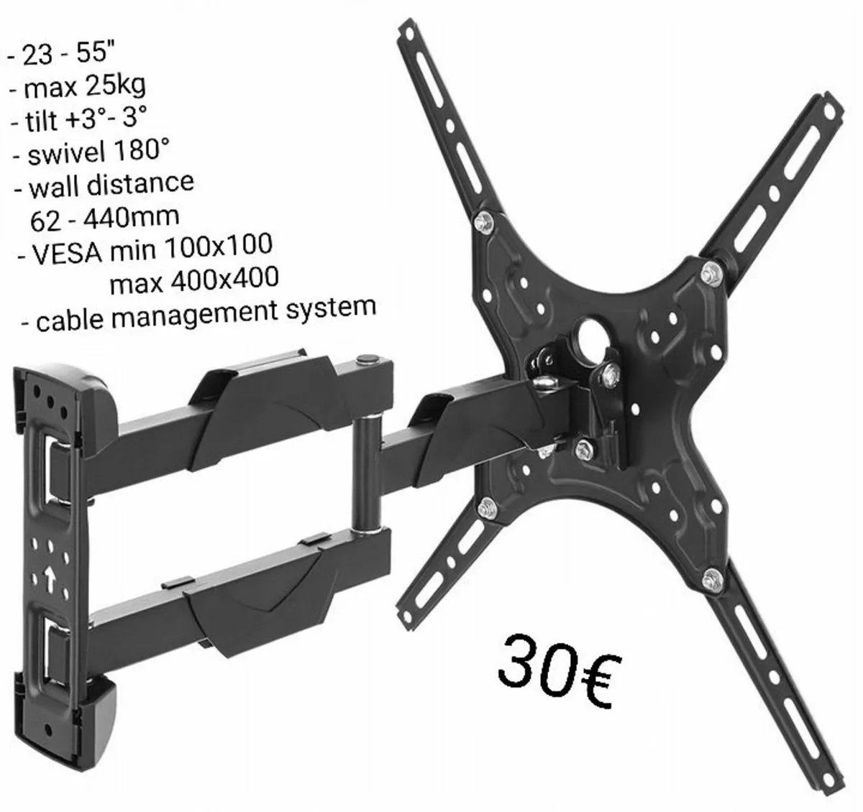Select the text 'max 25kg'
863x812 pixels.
coord(84,88)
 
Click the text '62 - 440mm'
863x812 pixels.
coord(104,217)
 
